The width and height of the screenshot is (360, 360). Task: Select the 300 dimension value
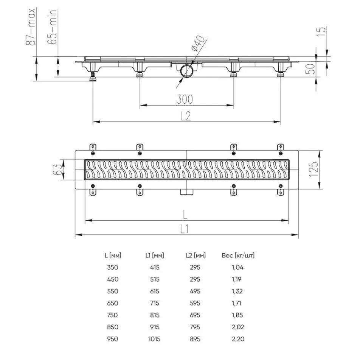(x=185, y=99)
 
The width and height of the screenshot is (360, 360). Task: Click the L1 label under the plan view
(x=185, y=229)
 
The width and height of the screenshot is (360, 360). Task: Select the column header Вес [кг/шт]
(x=238, y=256)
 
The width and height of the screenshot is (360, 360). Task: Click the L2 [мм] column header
(x=196, y=256)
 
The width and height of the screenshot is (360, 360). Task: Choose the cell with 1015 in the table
(x=154, y=339)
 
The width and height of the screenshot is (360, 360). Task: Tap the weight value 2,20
(x=238, y=339)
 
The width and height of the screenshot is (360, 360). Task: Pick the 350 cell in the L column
(x=113, y=267)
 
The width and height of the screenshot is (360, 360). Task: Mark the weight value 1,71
(x=238, y=303)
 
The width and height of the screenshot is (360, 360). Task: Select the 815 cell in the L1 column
(x=154, y=315)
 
